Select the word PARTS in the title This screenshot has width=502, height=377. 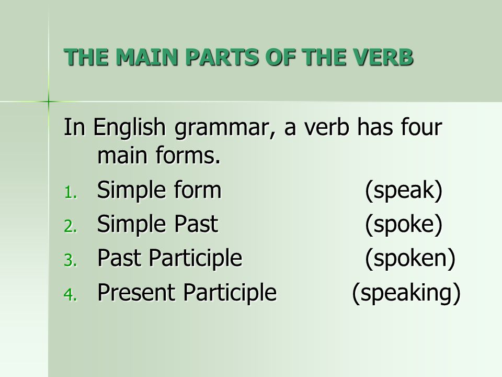222,57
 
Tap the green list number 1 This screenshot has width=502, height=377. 71,193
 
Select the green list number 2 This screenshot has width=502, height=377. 71,227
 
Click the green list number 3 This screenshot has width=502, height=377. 71,260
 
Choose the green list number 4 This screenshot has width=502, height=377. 71,295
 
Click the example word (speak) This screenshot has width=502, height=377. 404,191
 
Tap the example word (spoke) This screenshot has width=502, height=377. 404,225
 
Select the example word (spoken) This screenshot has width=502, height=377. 410,258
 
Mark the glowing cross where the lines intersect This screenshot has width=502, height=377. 49,102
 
